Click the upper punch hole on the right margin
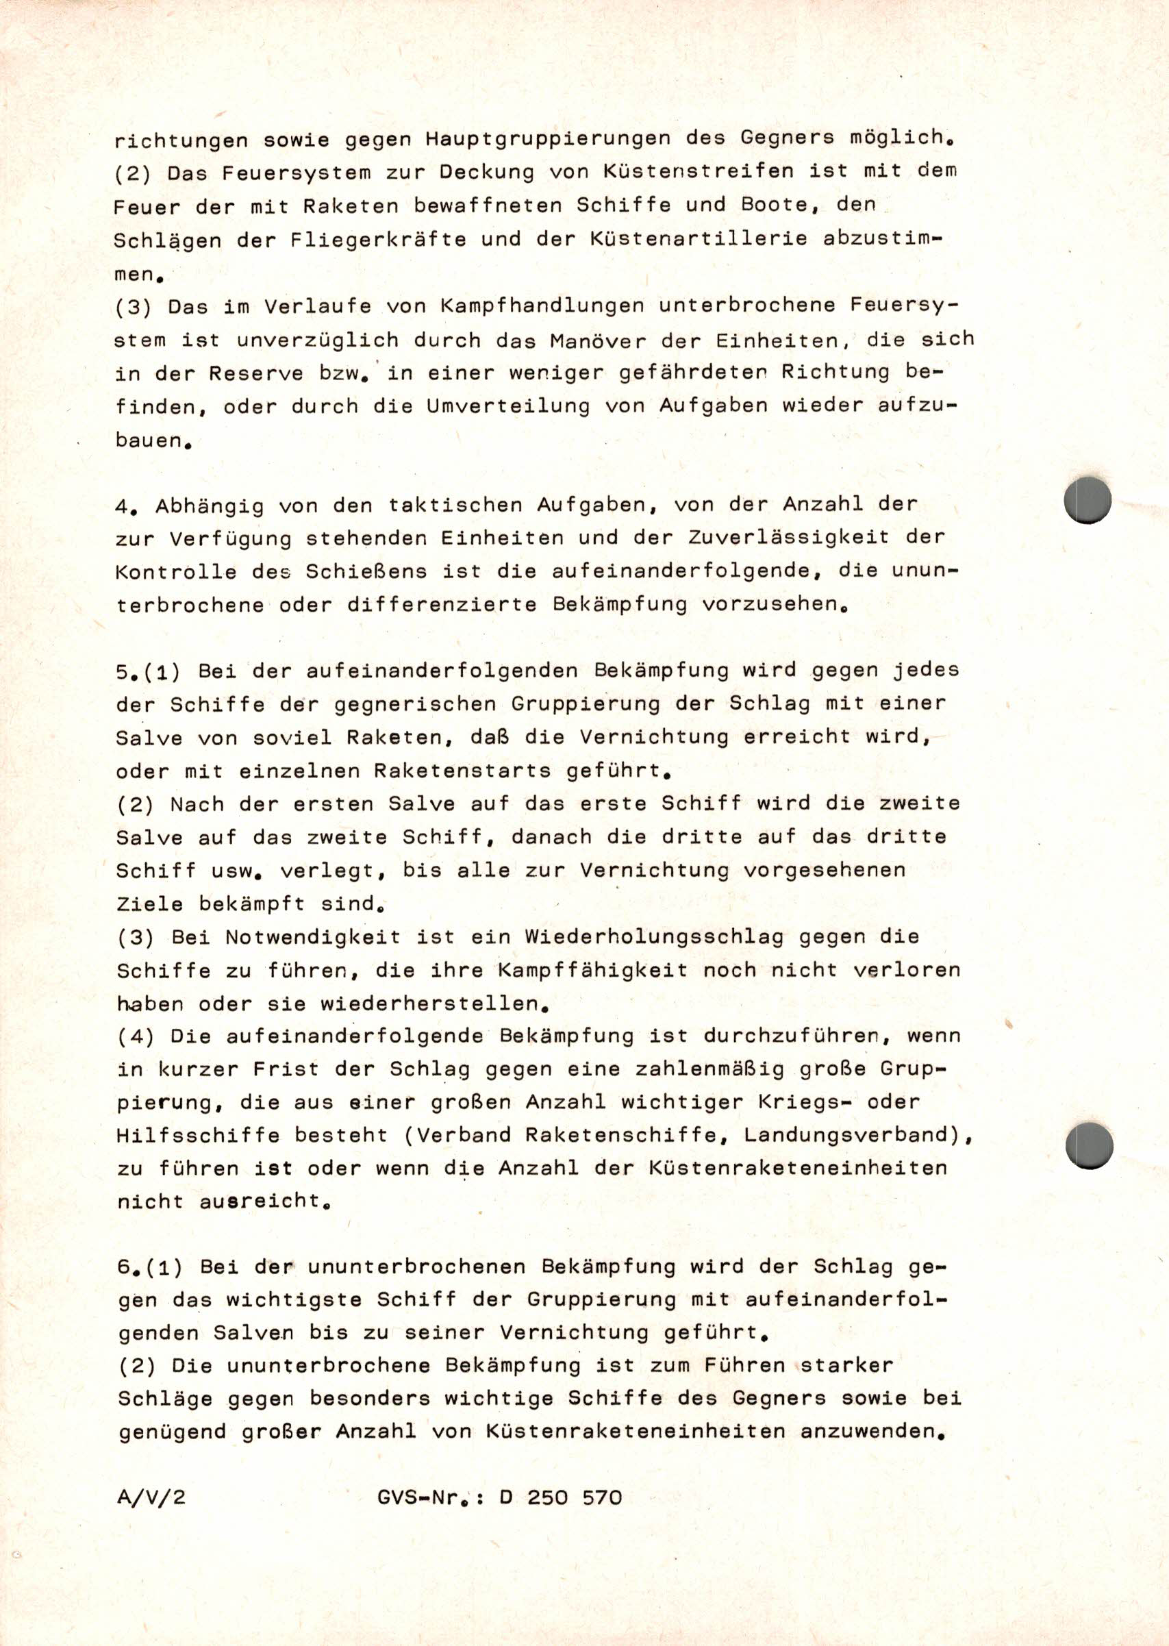point(1087,500)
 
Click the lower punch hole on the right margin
point(1088,1144)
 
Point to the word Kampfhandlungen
point(541,306)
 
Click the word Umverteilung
point(508,406)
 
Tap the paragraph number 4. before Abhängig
point(126,506)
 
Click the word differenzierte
point(442,605)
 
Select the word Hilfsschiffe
point(197,1136)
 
